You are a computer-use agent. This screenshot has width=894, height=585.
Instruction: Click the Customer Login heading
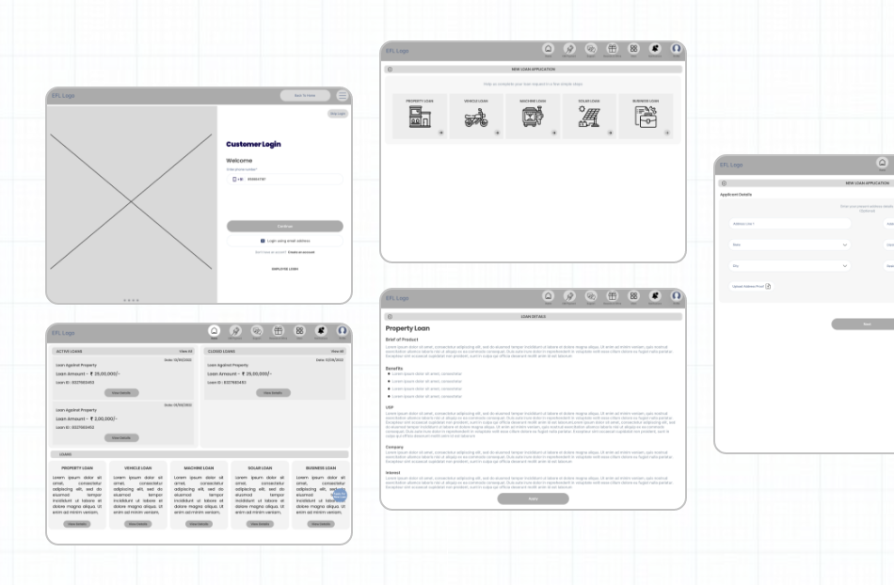pos(253,144)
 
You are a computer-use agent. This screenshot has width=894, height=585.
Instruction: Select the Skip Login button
pos(337,114)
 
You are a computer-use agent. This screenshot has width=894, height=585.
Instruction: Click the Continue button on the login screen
pos(284,227)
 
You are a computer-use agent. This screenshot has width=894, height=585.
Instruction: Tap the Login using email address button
pos(284,241)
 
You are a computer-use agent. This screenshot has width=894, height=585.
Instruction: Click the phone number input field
pos(284,179)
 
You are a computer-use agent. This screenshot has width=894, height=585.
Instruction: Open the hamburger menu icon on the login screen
pos(343,96)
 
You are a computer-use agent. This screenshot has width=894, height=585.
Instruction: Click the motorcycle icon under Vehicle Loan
pos(477,118)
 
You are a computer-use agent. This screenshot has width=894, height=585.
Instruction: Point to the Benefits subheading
pos(395,368)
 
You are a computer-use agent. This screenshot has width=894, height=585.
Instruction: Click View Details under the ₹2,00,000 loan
pos(122,437)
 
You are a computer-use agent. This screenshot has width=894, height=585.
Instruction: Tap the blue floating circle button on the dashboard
pos(340,496)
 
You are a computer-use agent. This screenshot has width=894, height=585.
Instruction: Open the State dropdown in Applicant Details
pos(789,245)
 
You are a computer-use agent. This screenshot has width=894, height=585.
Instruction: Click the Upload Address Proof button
pos(752,286)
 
